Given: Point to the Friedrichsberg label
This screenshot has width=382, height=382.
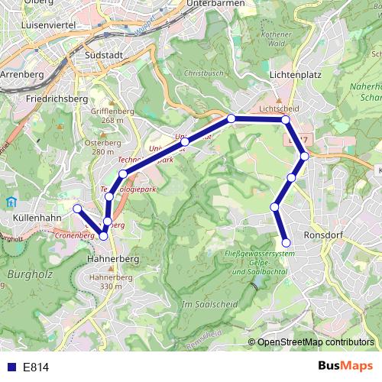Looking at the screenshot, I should (x=57, y=99).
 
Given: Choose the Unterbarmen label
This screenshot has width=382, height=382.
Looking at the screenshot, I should (x=215, y=4).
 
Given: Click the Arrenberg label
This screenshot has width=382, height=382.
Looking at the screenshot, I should (x=23, y=75).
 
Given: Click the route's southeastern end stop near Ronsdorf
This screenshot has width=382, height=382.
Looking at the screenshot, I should (x=286, y=244).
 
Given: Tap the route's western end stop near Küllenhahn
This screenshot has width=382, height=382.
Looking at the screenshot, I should (x=76, y=208).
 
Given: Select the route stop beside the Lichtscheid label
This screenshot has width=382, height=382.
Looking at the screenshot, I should (x=285, y=120).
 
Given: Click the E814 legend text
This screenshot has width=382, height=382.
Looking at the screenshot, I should (x=35, y=367).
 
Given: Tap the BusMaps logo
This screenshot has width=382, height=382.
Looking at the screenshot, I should (x=345, y=366).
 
